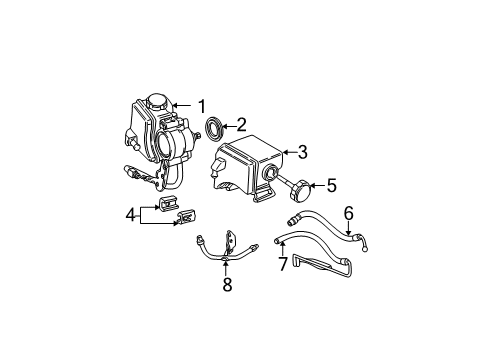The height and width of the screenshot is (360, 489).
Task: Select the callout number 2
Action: (240, 126)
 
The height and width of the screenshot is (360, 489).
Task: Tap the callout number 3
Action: (301, 152)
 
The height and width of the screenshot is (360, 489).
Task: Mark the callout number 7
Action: (283, 266)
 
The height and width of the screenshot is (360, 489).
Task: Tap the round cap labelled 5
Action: (303, 185)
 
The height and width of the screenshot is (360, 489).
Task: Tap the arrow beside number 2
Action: (226, 126)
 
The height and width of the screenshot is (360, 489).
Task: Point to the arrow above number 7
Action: (283, 251)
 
